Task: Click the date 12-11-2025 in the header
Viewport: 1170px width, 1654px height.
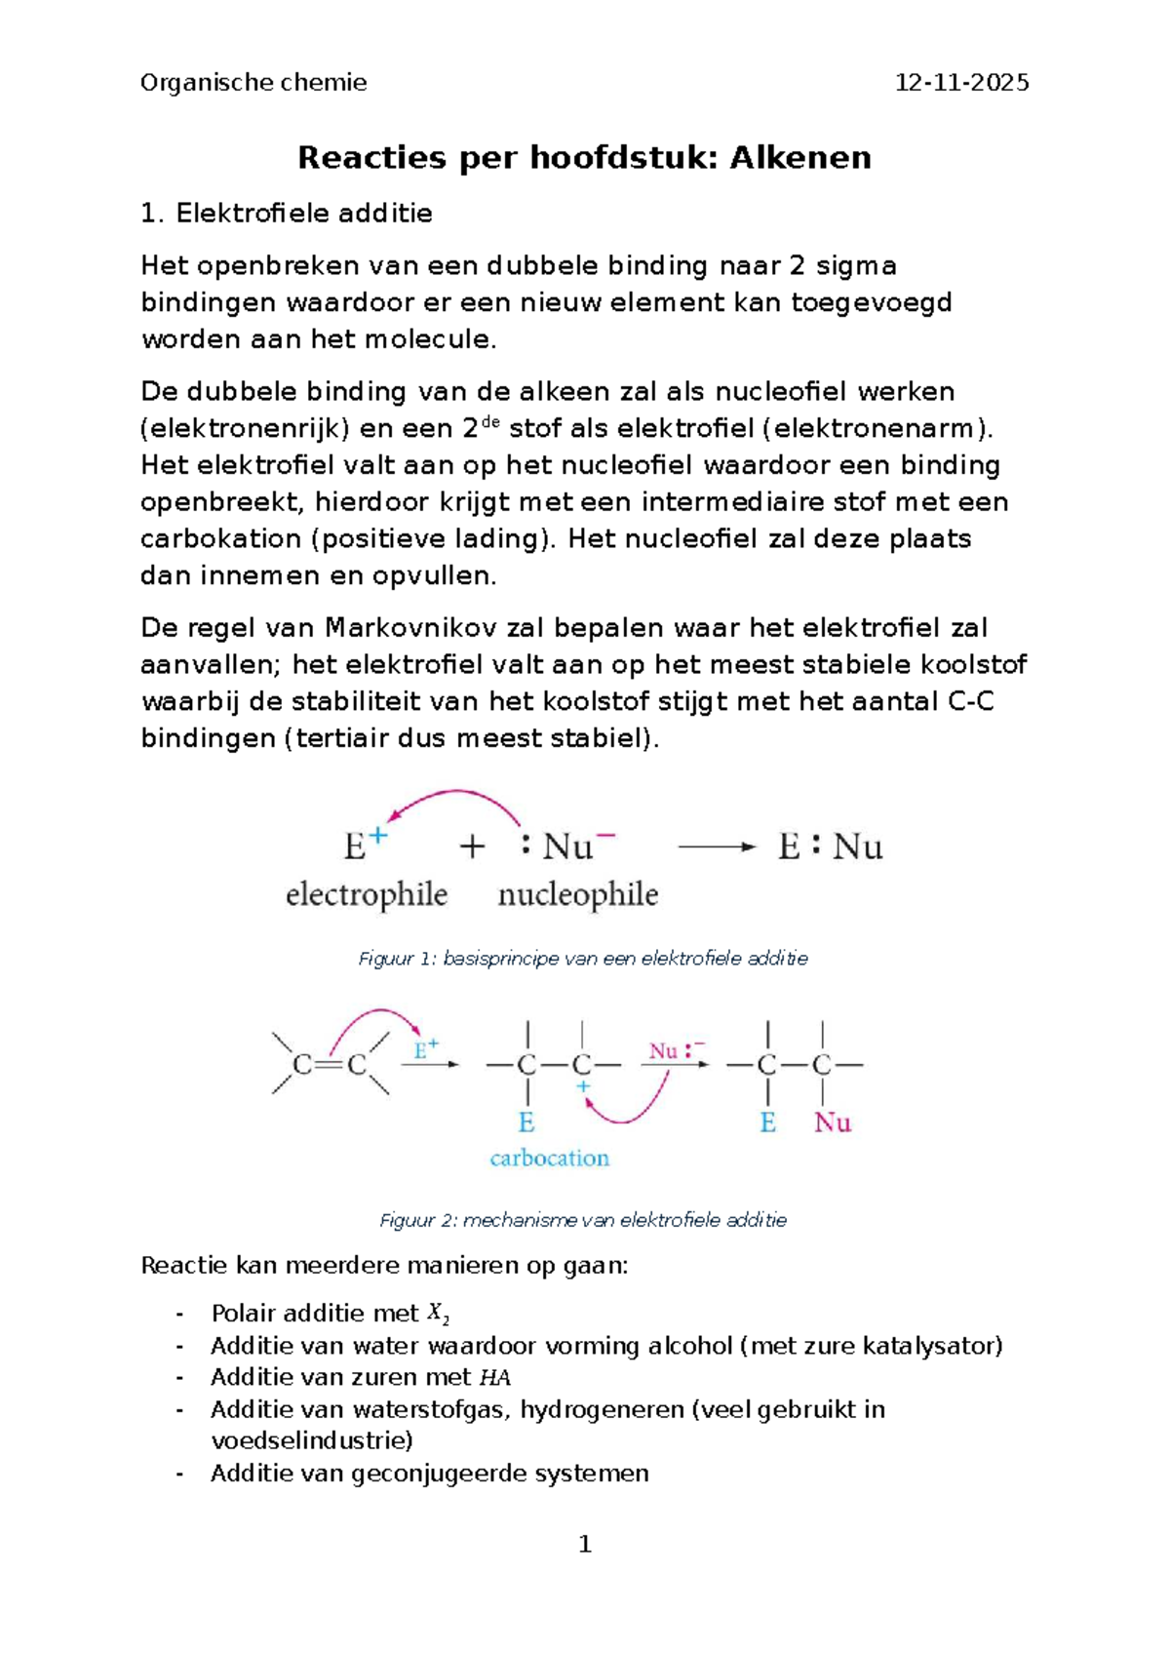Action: (x=961, y=83)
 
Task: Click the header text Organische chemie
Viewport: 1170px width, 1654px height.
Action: (x=253, y=83)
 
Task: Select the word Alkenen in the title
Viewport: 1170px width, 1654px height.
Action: (x=800, y=158)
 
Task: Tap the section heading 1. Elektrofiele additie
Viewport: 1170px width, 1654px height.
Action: (x=287, y=214)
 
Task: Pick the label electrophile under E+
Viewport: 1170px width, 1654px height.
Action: (x=367, y=894)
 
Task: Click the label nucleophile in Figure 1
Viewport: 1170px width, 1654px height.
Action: (x=578, y=894)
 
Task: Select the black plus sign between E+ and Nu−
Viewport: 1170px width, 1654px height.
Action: (x=472, y=847)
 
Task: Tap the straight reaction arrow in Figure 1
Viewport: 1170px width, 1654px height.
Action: (x=717, y=847)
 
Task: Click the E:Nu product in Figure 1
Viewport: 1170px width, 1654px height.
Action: (x=830, y=847)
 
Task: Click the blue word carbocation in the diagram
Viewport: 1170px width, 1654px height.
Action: (x=549, y=1159)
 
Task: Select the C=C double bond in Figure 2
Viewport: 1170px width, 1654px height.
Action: (x=330, y=1065)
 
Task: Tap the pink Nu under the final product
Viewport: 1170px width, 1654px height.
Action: (x=833, y=1123)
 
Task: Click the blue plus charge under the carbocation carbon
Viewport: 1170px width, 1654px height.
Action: (x=582, y=1086)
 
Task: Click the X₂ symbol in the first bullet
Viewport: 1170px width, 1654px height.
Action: (x=439, y=1315)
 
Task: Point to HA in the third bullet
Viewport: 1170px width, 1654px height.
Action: (x=495, y=1378)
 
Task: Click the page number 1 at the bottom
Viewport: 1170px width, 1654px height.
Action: (x=585, y=1544)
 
